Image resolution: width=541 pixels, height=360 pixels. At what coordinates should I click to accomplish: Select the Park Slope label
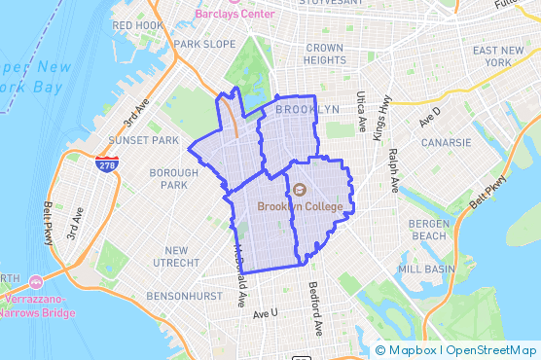(204, 45)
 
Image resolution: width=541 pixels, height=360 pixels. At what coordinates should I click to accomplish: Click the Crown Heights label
(325, 54)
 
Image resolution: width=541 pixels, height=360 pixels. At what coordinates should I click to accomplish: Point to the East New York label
(498, 55)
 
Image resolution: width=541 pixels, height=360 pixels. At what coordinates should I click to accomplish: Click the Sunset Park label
(144, 140)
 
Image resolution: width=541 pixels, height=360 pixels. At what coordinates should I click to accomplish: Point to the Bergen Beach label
(428, 230)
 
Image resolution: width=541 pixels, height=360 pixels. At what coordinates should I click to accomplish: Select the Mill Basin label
(425, 268)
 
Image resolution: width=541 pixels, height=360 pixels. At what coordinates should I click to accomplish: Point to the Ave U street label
(265, 313)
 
